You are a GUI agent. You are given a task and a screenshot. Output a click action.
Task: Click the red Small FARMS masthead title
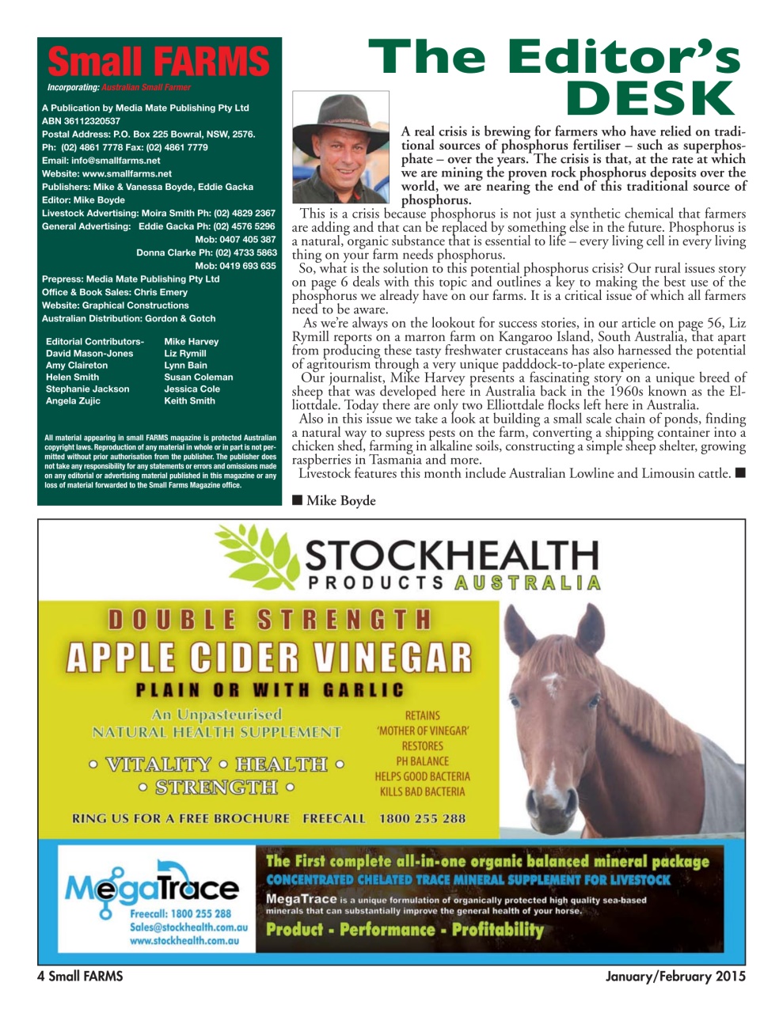pyautogui.click(x=158, y=63)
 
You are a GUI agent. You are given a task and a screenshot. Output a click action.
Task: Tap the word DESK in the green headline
pyautogui.click(x=651, y=99)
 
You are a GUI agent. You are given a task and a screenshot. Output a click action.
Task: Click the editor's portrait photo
pyautogui.click(x=340, y=147)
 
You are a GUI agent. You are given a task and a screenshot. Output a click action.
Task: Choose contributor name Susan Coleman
pyautogui.click(x=198, y=378)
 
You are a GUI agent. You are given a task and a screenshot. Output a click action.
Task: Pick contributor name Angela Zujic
pyautogui.click(x=73, y=401)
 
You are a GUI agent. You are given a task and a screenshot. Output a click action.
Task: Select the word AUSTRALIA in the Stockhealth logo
pyautogui.click(x=527, y=583)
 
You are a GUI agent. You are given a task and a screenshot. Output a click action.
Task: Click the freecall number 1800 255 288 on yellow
pyautogui.click(x=422, y=818)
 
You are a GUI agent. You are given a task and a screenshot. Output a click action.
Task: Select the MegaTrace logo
pyautogui.click(x=150, y=890)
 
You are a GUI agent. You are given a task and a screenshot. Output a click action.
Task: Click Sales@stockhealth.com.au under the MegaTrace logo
pyautogui.click(x=188, y=927)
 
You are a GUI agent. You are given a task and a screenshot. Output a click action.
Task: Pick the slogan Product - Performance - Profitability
pyautogui.click(x=405, y=930)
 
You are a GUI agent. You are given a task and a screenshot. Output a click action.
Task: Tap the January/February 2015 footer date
pyautogui.click(x=675, y=977)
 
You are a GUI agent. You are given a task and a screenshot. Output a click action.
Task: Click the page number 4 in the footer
pyautogui.click(x=40, y=977)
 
